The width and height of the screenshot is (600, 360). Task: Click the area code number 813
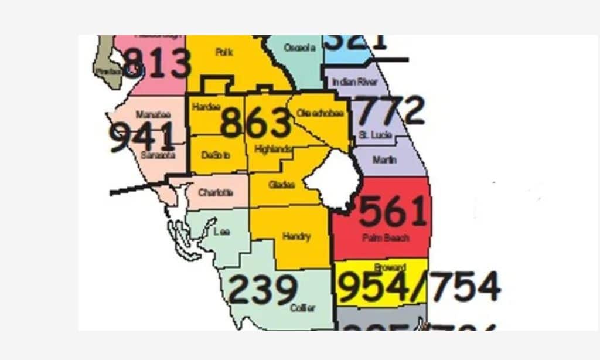[x=158, y=63]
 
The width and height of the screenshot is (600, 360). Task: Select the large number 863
[x=255, y=123]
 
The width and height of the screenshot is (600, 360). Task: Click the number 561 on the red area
[x=393, y=212]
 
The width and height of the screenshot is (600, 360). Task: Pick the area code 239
[x=262, y=290]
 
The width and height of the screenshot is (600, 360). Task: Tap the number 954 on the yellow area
[x=373, y=287]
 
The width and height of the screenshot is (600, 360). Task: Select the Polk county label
[x=224, y=52]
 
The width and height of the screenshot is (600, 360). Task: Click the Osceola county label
[x=299, y=47]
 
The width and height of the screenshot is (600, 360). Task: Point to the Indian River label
[x=354, y=82]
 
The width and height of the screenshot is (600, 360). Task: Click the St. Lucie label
[x=371, y=135]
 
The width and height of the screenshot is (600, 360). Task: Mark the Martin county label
[x=384, y=159]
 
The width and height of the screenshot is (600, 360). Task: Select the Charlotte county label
[x=215, y=192]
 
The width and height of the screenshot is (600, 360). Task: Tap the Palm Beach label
[x=386, y=238]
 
